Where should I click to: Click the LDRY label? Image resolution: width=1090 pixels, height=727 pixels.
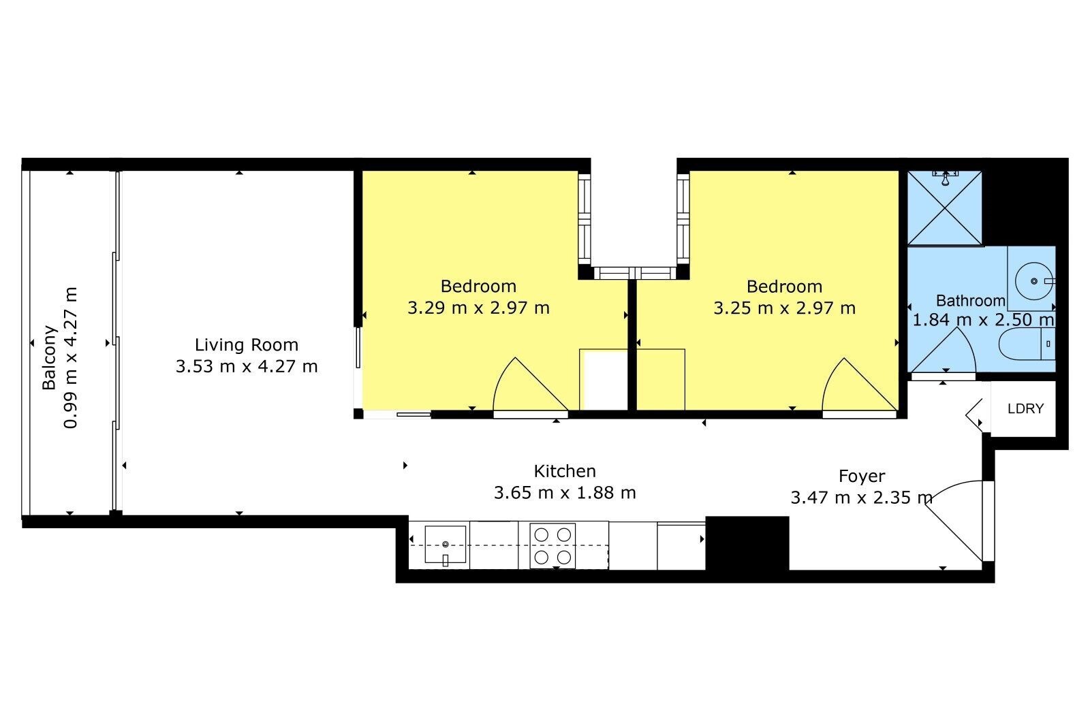1026,408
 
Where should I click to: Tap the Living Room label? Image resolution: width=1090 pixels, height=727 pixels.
246,344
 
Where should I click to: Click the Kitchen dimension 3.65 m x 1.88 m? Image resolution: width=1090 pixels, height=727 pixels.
565,493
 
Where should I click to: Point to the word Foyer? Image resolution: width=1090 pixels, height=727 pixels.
862,476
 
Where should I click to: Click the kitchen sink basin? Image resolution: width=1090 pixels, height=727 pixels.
446,544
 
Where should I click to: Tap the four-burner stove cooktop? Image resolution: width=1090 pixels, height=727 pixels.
552,546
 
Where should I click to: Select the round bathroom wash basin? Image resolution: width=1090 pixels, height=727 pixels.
1034,281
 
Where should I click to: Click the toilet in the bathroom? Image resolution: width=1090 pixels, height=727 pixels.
1027,344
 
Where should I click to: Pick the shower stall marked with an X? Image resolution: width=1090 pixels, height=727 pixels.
944,208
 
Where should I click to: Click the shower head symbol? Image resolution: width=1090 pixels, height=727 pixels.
945,178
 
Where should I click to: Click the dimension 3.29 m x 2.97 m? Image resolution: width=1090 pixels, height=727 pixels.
478,308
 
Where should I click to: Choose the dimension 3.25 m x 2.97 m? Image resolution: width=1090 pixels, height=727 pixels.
784,308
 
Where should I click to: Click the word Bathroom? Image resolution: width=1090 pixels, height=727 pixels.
970,301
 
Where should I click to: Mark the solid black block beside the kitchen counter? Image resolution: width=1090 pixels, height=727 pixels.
747,543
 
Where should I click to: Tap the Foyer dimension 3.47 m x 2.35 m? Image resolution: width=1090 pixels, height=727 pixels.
861,498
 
